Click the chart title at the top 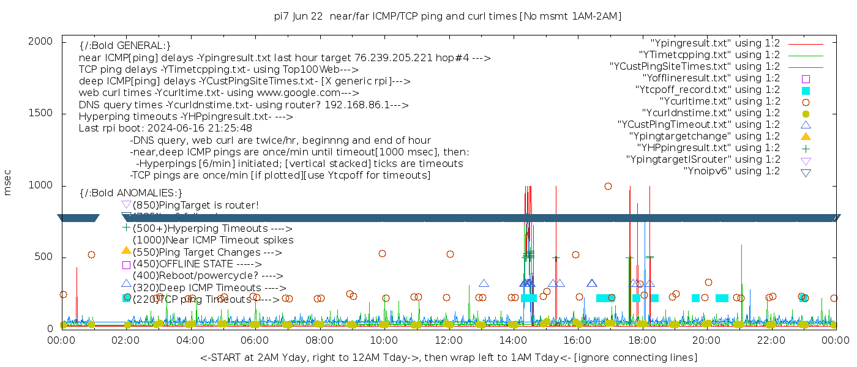coord(448,17)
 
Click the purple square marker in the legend coord(806,79)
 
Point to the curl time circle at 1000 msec coord(608,187)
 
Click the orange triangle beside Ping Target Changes coord(126,250)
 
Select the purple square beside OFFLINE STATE coord(126,265)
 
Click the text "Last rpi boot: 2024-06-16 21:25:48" coord(165,128)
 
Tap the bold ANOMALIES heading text coord(131,193)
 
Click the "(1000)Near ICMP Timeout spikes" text coord(212,240)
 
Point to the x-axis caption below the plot coord(448,357)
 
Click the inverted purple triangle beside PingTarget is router coord(126,204)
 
